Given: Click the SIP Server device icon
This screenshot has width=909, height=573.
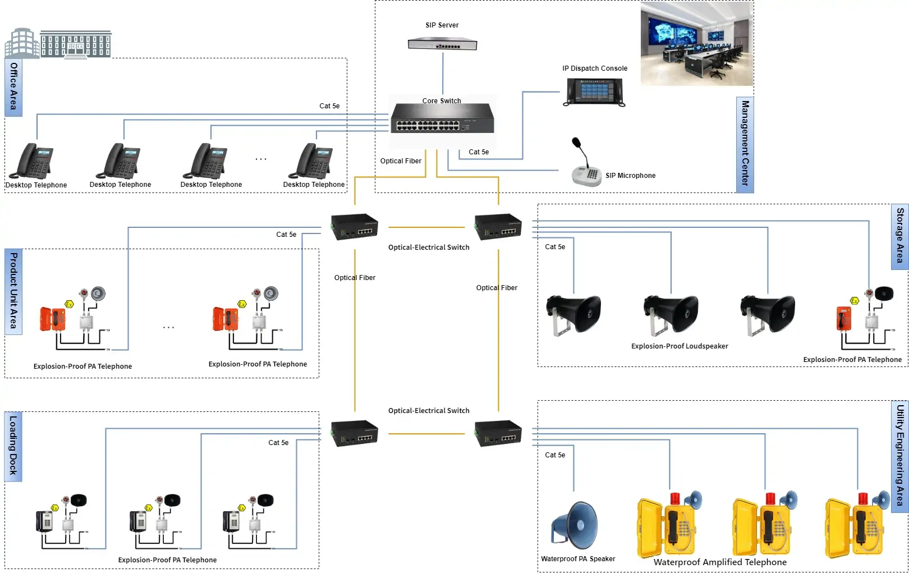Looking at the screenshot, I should click(442, 44).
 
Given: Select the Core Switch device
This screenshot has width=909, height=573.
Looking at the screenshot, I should click(442, 118).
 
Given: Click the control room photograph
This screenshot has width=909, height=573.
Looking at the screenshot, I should click(696, 43).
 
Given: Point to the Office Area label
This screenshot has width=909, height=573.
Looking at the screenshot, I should click(13, 87).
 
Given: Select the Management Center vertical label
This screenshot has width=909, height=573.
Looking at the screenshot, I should click(745, 144).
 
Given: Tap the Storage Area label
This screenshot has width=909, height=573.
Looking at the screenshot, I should click(899, 236).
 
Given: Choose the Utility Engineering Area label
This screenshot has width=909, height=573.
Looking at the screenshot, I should click(899, 456).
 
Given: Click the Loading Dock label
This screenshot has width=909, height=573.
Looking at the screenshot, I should click(13, 447).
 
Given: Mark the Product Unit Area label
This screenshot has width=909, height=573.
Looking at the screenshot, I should click(13, 291).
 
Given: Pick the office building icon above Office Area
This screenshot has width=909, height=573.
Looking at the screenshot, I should click(58, 44).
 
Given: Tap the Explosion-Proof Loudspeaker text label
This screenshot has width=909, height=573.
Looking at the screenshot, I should click(679, 346).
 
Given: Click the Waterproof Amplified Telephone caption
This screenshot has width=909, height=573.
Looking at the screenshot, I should click(720, 562).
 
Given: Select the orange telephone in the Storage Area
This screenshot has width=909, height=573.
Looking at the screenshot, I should click(844, 319).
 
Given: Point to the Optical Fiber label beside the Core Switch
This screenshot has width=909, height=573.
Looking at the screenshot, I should click(401, 161).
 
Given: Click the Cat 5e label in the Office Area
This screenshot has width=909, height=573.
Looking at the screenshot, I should click(329, 106).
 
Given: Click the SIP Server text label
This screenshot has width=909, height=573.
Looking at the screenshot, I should click(442, 25).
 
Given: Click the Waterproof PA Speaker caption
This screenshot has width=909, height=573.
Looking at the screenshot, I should click(578, 559).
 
